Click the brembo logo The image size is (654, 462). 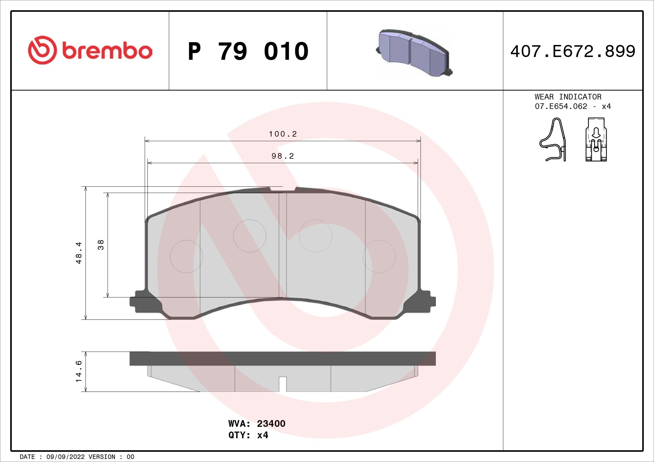[x=90, y=50]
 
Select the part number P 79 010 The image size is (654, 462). [x=248, y=51]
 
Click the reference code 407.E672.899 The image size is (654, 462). [x=573, y=51]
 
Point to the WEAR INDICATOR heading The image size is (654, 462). [x=568, y=97]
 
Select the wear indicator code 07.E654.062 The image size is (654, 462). [x=561, y=106]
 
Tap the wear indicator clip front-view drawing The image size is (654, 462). [x=596, y=140]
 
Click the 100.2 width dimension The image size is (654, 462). [x=283, y=134]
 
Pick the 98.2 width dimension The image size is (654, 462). [x=283, y=156]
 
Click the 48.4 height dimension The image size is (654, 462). [x=79, y=253]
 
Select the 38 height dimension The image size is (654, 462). [x=101, y=245]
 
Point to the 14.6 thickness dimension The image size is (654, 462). [x=79, y=371]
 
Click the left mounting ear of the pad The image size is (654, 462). [x=140, y=302]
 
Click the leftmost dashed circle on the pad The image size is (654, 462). [x=186, y=256]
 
